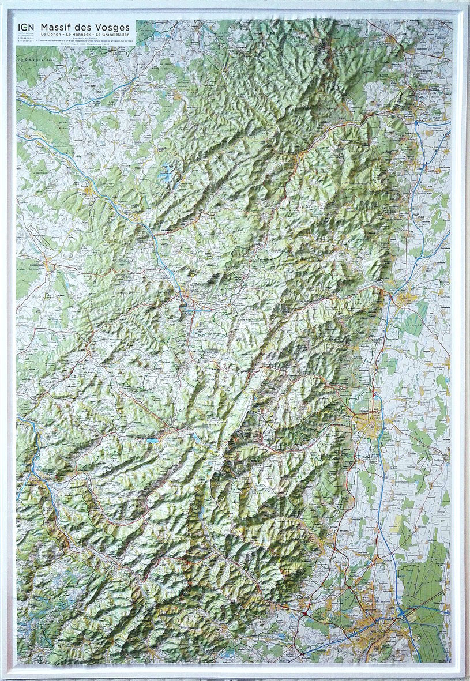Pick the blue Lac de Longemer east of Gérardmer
click(x=194, y=437)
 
